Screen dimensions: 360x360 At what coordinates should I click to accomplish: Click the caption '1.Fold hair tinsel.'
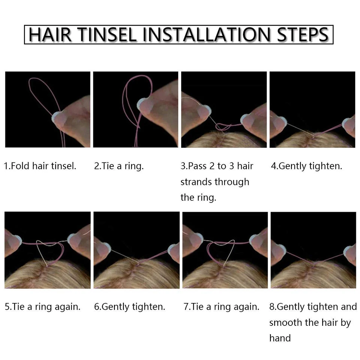click(40, 166)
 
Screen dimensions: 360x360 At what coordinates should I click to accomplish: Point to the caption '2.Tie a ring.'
click(119, 166)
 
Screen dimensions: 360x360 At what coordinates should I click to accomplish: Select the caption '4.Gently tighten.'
click(306, 166)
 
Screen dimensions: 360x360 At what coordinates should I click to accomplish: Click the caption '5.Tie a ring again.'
click(43, 307)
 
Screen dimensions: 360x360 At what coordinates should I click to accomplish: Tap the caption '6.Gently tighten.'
click(130, 307)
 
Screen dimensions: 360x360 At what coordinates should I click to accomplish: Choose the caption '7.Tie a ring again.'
click(221, 307)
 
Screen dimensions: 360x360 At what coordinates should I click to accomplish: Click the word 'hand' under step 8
click(280, 338)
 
